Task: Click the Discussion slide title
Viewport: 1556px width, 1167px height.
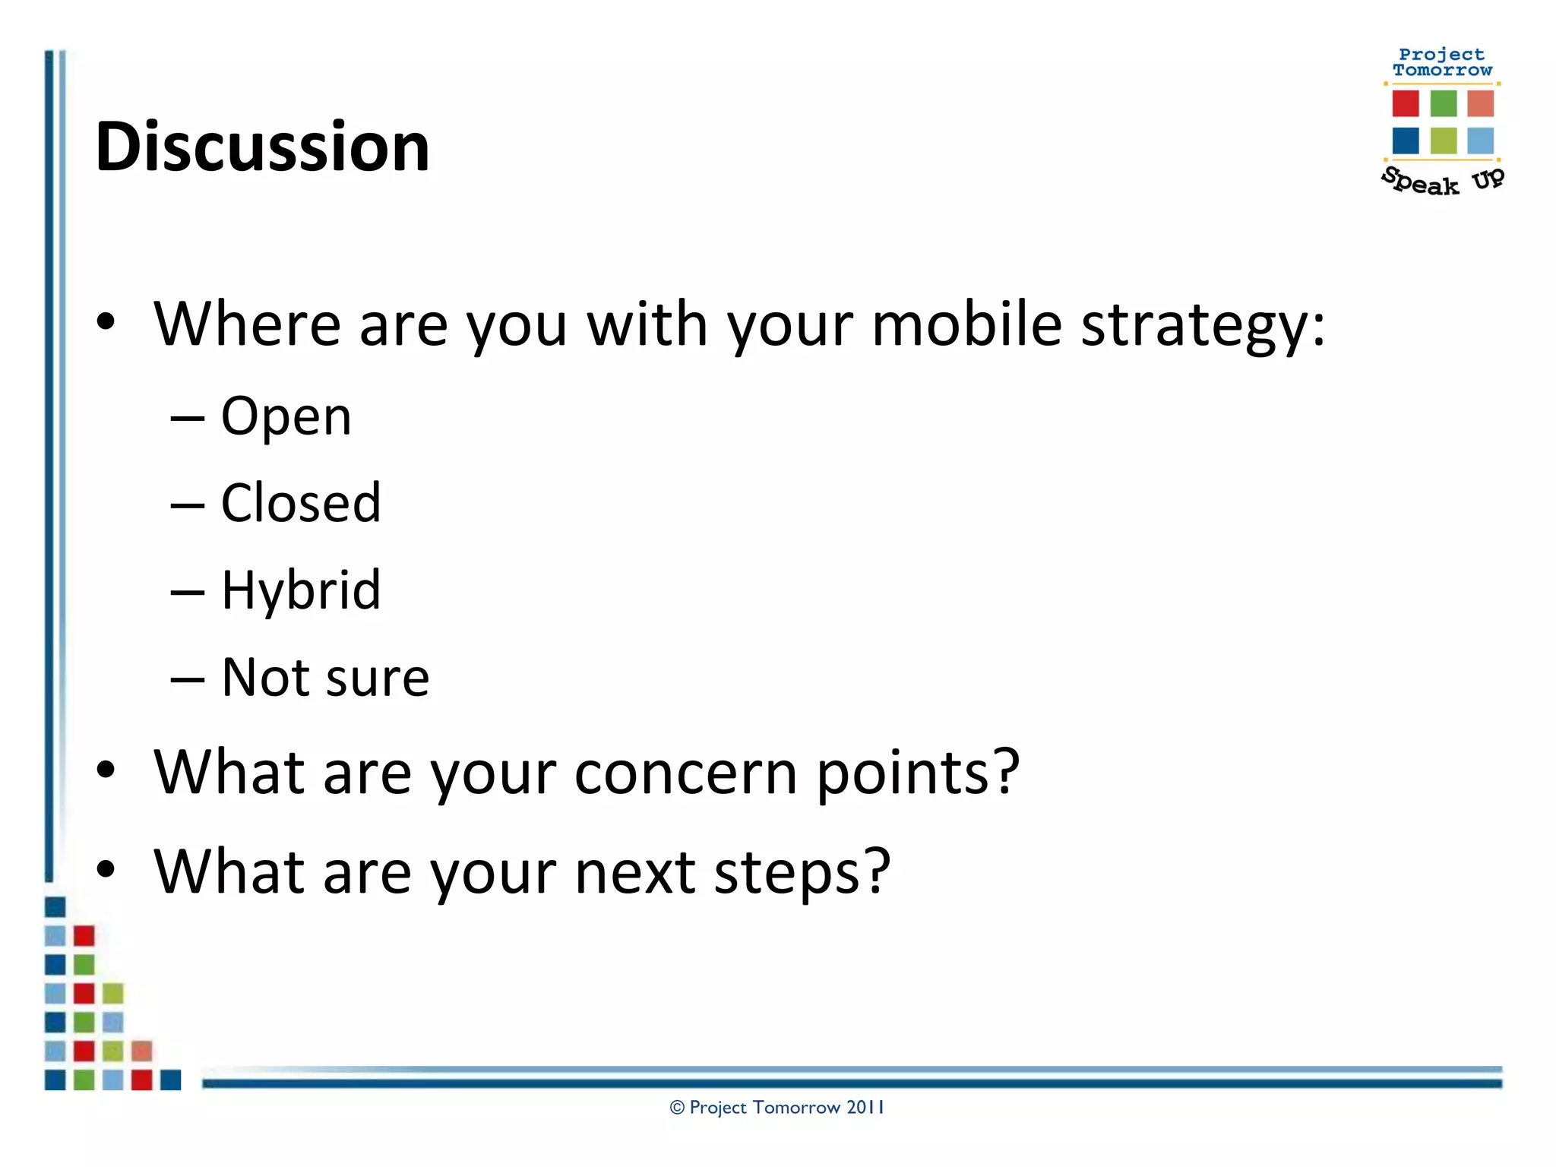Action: point(262,147)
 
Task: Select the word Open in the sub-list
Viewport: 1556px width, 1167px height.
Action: point(286,416)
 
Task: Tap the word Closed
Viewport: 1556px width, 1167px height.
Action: point(301,503)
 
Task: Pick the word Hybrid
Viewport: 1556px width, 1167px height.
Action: point(301,590)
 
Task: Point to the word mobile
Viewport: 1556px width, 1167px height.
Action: point(966,324)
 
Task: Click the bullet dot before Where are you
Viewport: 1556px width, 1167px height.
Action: point(106,322)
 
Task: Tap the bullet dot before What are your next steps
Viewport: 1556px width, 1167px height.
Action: point(106,869)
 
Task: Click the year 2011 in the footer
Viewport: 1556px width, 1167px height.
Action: point(865,1108)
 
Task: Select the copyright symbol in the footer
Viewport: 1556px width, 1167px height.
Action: point(677,1108)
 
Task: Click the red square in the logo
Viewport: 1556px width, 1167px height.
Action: point(1406,103)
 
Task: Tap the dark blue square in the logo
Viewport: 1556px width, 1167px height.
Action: point(1406,141)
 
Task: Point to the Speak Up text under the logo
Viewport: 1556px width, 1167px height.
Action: point(1441,181)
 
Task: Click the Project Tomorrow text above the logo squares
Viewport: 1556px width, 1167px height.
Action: point(1442,62)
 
